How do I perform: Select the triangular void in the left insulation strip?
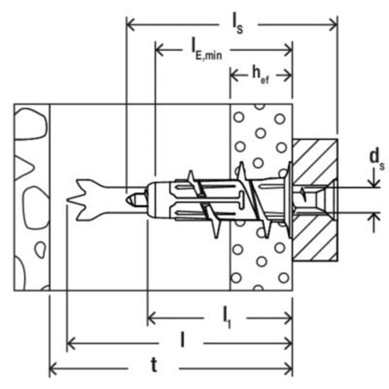point(28,169)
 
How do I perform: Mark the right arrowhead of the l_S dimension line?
point(334,25)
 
